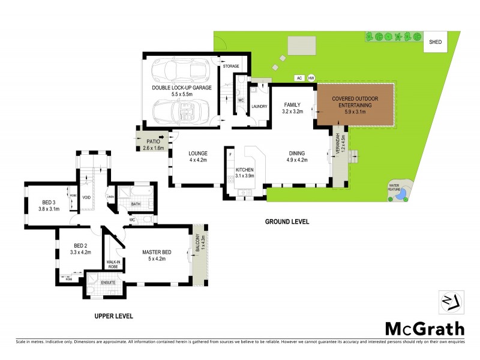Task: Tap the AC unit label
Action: click(x=298, y=78)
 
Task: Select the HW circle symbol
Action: click(x=311, y=78)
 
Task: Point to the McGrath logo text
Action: click(x=424, y=328)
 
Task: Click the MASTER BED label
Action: click(x=156, y=255)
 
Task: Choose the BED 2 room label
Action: click(x=81, y=249)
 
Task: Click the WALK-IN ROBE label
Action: click(x=114, y=264)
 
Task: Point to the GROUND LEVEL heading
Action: click(x=287, y=221)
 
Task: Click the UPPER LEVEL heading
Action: click(x=113, y=316)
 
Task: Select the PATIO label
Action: click(x=155, y=145)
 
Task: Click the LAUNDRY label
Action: click(x=259, y=107)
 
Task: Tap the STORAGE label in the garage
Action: click(x=231, y=66)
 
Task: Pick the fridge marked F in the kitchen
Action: click(x=230, y=155)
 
